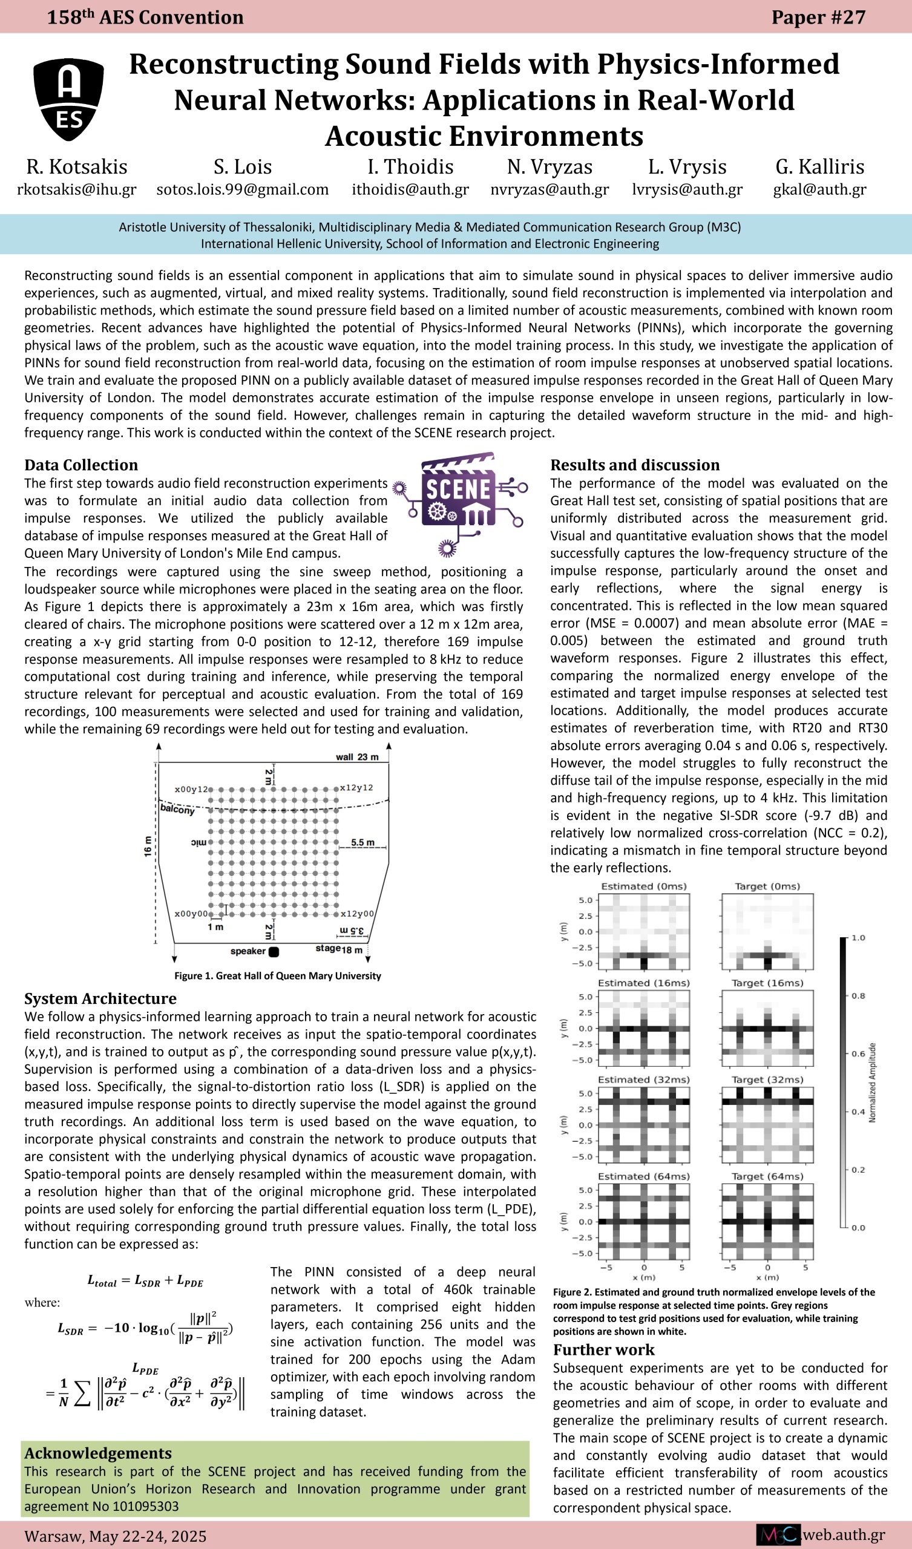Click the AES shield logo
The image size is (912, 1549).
click(68, 99)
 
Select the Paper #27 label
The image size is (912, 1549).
click(818, 17)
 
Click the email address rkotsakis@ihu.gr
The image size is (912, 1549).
click(77, 189)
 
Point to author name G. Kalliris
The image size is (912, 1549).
click(819, 166)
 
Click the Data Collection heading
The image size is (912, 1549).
click(81, 465)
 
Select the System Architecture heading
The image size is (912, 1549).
click(100, 998)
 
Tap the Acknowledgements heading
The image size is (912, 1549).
click(98, 1453)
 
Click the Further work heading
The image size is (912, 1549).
click(603, 1349)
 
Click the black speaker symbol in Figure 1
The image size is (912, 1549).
click(274, 952)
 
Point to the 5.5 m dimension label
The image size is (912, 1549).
click(363, 843)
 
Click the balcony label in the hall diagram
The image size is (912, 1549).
click(177, 809)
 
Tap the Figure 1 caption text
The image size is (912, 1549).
click(277, 975)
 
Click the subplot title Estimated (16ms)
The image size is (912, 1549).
click(643, 983)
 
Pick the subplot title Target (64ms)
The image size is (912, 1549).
click(767, 1176)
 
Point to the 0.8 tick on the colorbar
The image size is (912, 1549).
click(858, 996)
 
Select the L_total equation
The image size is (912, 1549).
click(145, 1281)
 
